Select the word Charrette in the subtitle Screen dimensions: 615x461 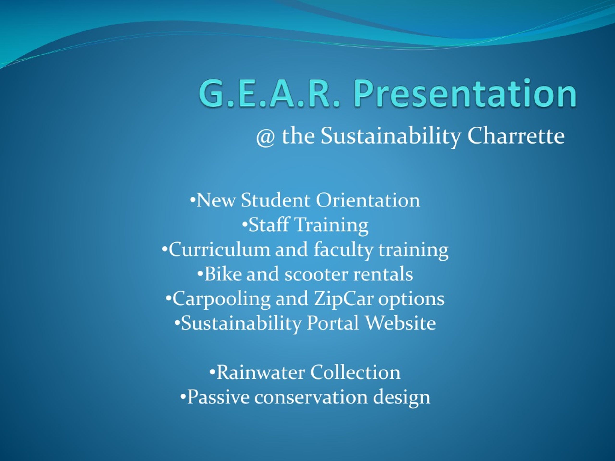point(516,136)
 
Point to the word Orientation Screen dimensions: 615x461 point(368,200)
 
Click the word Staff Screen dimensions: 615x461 point(269,224)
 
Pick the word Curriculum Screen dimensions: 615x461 point(219,249)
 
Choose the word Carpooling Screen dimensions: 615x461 point(221,299)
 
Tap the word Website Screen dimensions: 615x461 point(400,323)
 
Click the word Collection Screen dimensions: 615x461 point(355,373)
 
